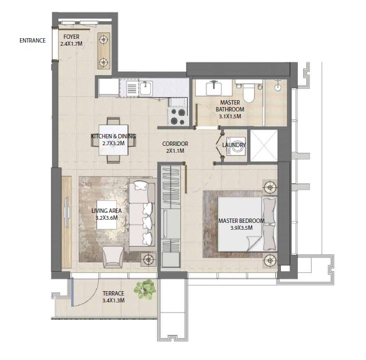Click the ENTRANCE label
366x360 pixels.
tap(33, 41)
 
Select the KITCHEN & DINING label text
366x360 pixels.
tap(113, 136)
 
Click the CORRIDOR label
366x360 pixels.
tap(175, 144)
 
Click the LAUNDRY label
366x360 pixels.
tap(234, 145)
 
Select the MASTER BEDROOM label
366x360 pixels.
tap(241, 221)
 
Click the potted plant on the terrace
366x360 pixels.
tap(148, 287)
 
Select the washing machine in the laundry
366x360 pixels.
tap(234, 145)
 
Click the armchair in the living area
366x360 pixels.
tap(113, 254)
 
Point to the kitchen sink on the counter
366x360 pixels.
tap(144, 87)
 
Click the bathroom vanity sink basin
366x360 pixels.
tap(214, 87)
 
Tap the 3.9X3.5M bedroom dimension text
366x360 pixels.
tap(241, 229)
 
